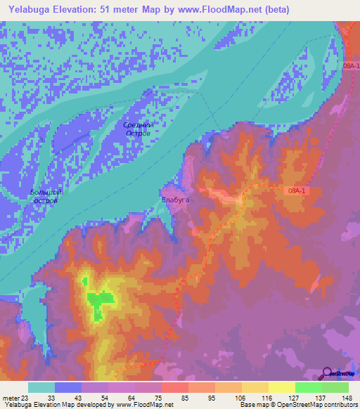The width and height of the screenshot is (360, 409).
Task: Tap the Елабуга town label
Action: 176,199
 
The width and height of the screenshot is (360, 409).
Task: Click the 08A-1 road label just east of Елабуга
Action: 298,190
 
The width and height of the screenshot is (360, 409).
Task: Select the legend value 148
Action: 347,397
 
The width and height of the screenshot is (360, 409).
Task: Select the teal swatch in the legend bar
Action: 41,387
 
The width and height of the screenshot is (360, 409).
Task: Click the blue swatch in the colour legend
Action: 67,387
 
